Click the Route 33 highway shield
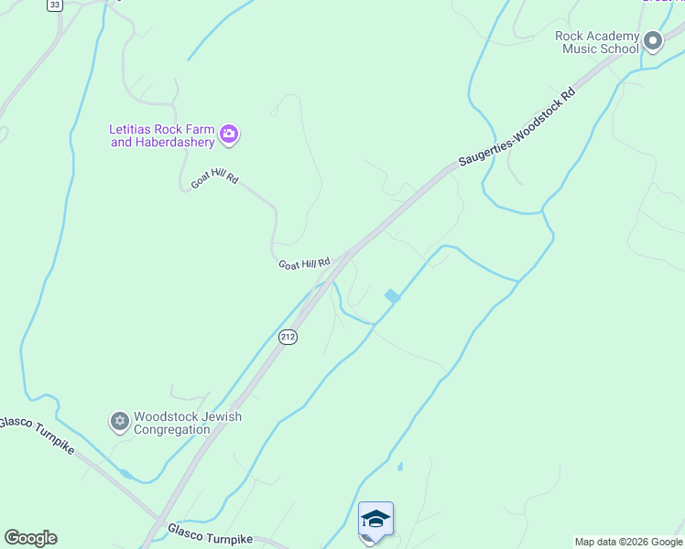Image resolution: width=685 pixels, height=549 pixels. [x=55, y=5]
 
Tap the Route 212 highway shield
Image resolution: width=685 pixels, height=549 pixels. [x=288, y=337]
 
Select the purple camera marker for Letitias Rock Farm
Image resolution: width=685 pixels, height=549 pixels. [x=229, y=135]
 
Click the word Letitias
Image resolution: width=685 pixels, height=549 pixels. [x=132, y=129]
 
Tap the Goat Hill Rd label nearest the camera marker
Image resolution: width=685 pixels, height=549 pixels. [x=214, y=178]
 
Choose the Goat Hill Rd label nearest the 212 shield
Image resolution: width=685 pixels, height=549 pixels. [x=303, y=264]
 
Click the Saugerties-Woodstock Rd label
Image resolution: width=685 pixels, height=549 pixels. [x=517, y=128]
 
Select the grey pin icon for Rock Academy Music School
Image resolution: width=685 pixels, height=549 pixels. [x=652, y=40]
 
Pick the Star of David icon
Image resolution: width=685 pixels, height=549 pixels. [x=119, y=422]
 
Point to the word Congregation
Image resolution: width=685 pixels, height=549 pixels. [x=171, y=429]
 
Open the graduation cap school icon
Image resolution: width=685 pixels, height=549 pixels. [x=375, y=519]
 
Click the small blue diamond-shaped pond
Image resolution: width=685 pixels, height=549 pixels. [x=392, y=296]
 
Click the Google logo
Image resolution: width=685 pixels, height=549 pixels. [x=30, y=538]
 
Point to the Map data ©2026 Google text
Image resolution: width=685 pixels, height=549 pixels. [x=628, y=542]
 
